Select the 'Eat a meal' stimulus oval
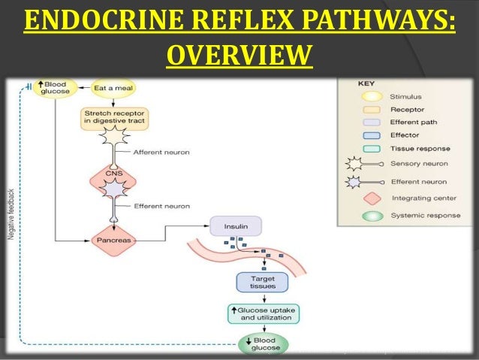(x=113, y=88)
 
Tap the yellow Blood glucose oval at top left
(x=54, y=88)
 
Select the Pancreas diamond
(x=113, y=241)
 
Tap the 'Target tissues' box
(x=258, y=282)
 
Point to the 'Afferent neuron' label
(x=161, y=152)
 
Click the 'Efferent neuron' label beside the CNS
(x=161, y=205)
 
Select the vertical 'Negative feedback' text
(x=11, y=214)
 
